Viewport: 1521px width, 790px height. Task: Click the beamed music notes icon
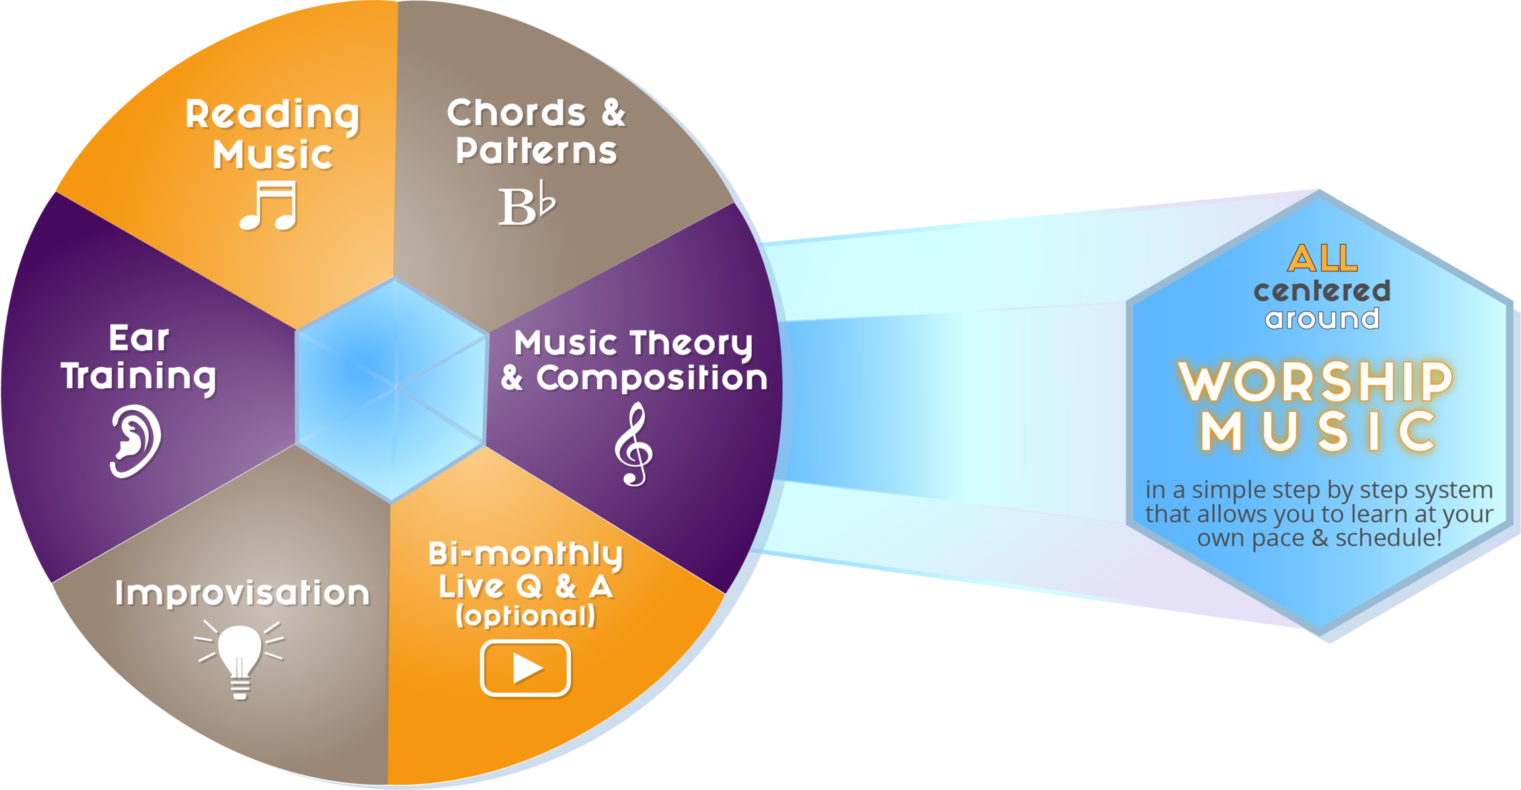pos(269,206)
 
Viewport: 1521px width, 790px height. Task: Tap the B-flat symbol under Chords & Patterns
pos(526,204)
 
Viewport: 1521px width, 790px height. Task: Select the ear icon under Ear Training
pos(135,441)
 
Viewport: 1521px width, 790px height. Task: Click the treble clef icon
pos(634,446)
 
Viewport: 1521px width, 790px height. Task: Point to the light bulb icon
pos(239,659)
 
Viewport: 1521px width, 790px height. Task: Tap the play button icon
pos(525,668)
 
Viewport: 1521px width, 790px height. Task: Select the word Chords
pos(516,113)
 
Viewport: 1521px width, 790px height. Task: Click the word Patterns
pos(536,151)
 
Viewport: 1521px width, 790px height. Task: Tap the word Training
pos(139,377)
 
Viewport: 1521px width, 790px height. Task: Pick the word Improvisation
pos(242,593)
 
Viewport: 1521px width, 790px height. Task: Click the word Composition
pos(651,378)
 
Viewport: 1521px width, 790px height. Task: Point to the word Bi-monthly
pos(526,554)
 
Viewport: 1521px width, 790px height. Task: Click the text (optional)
pos(526,616)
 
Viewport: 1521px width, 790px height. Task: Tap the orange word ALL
pos(1322,259)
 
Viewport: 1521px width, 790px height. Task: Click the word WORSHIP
pos(1315,382)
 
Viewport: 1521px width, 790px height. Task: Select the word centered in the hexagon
pos(1322,290)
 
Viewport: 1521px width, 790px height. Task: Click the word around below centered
pos(1322,319)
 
